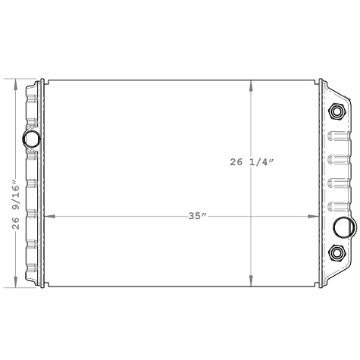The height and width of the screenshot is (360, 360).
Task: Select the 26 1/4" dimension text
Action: [261, 161]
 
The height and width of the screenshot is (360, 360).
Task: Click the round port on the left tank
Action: [33, 139]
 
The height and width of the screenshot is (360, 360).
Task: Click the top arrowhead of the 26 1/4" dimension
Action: [252, 84]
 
